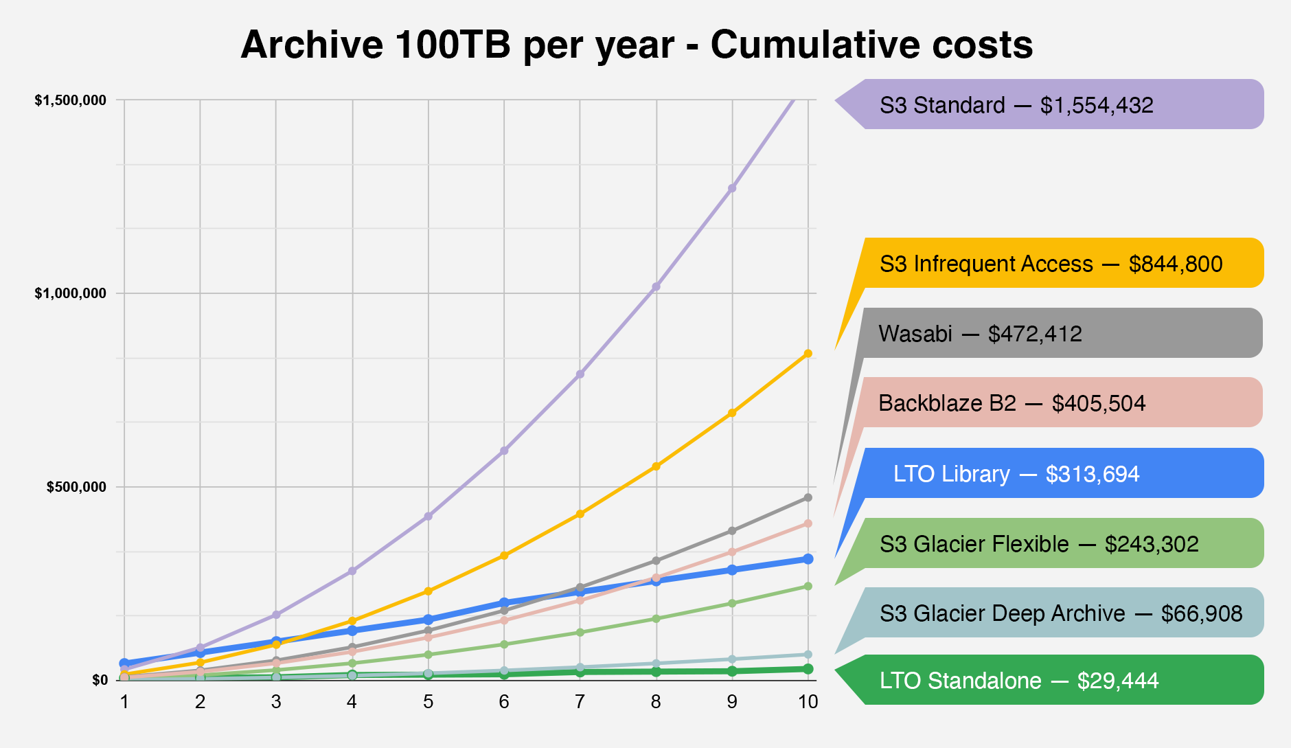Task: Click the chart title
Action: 637,45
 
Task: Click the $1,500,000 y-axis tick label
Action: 71,100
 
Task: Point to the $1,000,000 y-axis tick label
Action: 71,293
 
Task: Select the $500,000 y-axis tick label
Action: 76,487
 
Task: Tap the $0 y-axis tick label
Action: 100,680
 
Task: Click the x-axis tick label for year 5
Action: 428,701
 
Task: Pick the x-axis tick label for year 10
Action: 808,701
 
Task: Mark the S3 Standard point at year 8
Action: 656,286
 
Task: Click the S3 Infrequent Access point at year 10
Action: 808,354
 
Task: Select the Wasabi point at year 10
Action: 808,497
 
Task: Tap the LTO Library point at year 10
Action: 808,559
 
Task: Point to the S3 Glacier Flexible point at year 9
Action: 732,603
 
